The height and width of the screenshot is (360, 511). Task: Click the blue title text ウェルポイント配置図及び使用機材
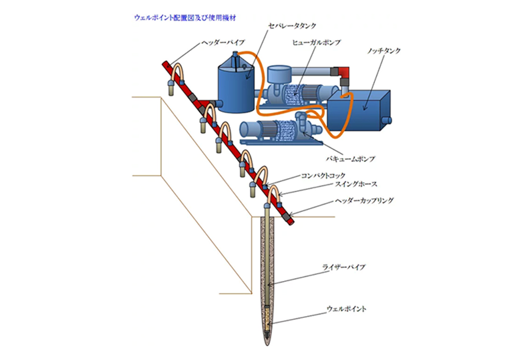[x=185, y=17]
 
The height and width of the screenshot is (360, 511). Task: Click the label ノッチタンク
[x=385, y=51]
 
